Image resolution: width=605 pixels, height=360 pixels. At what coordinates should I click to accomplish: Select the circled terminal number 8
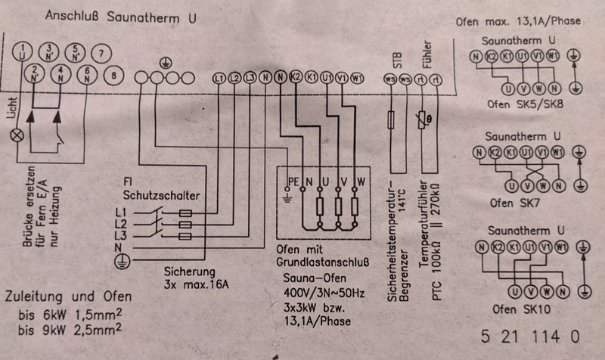click(113, 76)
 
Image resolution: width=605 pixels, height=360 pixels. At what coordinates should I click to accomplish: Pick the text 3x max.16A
click(196, 287)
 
